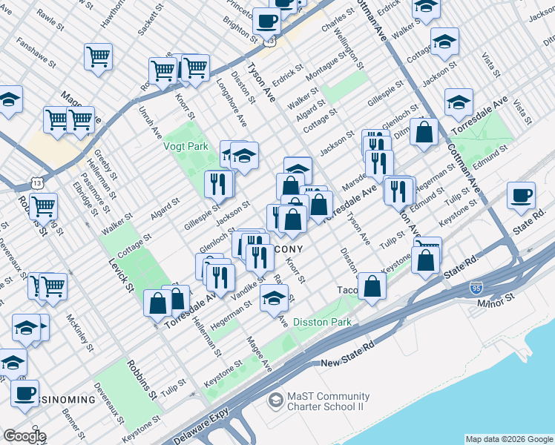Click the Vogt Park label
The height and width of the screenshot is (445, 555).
pyautogui.click(x=185, y=146)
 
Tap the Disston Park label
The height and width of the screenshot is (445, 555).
pyautogui.click(x=322, y=323)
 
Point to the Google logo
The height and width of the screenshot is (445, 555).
pyautogui.click(x=24, y=436)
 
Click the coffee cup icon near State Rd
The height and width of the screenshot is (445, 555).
pyautogui.click(x=521, y=196)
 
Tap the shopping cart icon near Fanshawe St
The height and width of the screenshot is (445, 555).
pyautogui.click(x=98, y=56)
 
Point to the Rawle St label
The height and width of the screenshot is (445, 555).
pyautogui.click(x=50, y=15)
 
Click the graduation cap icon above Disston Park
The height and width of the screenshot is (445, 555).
pyautogui.click(x=274, y=298)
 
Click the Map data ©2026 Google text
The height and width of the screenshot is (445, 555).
pyautogui.click(x=509, y=439)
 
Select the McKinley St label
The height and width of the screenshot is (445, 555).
pyautogui.click(x=79, y=334)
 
